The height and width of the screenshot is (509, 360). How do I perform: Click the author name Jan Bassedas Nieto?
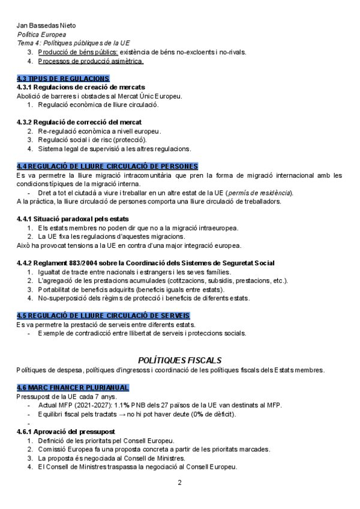[46, 26]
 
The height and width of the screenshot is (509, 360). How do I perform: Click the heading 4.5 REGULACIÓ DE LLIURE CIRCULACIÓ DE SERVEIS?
[104, 316]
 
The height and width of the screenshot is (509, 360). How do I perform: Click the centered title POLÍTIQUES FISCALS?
[179, 360]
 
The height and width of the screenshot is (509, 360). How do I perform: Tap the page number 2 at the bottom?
[179, 483]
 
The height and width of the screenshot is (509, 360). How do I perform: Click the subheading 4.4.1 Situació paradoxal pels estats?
[73, 218]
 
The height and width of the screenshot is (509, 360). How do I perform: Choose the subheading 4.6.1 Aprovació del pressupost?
[66, 432]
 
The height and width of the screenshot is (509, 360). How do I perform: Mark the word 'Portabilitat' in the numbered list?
[56, 289]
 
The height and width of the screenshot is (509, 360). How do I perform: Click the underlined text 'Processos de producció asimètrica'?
[90, 61]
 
